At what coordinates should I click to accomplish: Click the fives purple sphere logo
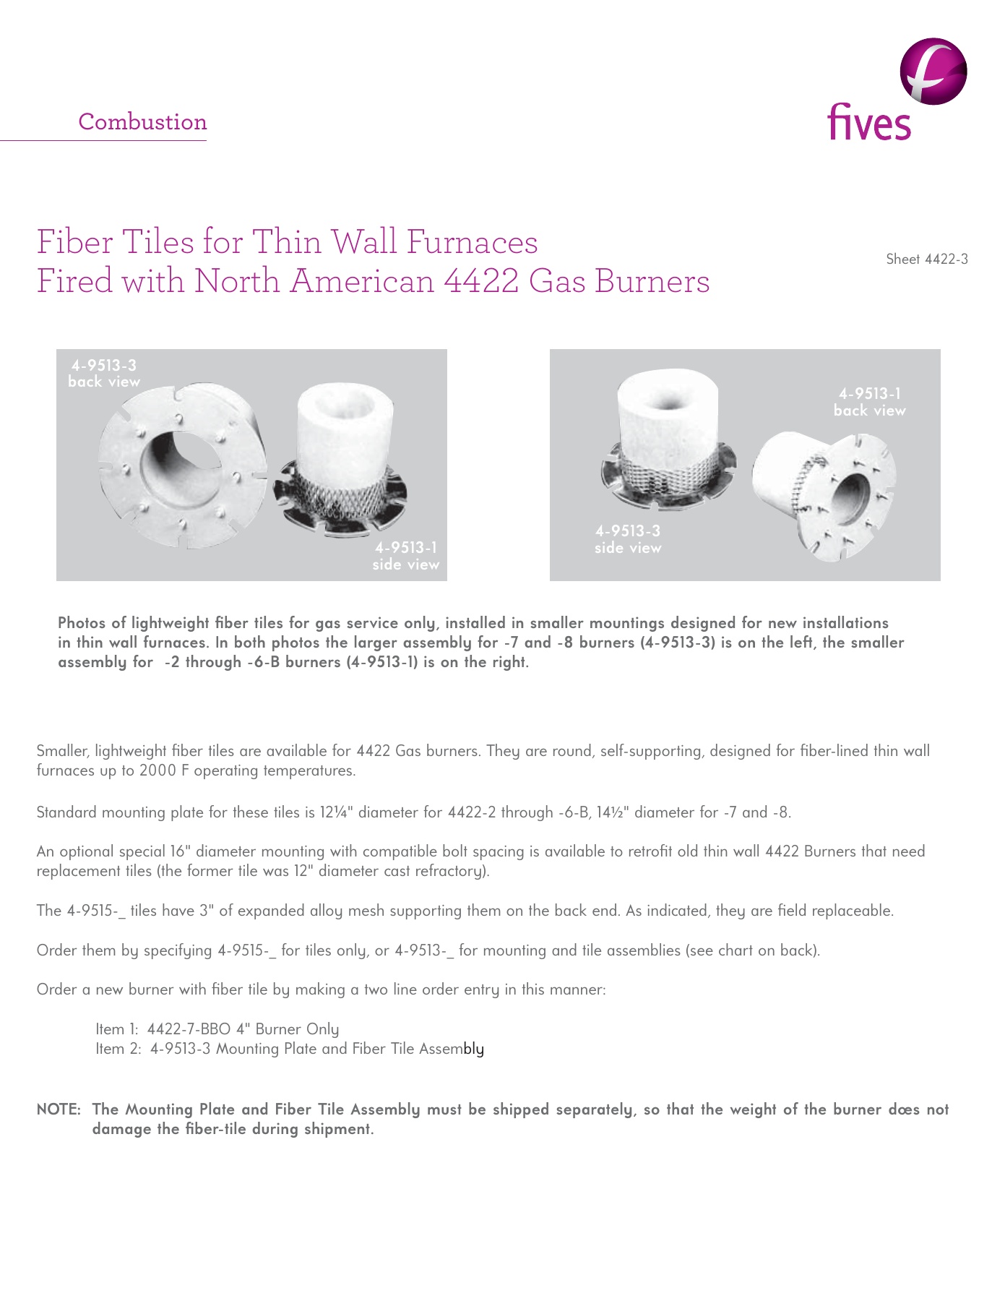click(x=933, y=71)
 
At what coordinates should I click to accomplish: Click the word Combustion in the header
click(x=142, y=121)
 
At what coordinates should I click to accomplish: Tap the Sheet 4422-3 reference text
click(x=926, y=259)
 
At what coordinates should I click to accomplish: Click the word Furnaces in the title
click(x=472, y=241)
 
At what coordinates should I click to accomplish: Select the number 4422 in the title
click(x=480, y=280)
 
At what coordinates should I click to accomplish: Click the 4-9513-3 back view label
click(x=104, y=374)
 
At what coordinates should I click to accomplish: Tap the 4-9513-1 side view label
click(x=405, y=556)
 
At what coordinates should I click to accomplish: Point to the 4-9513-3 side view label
click(x=627, y=539)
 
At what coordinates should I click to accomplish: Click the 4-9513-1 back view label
click(x=869, y=402)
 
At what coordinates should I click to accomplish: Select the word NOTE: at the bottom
click(x=59, y=1109)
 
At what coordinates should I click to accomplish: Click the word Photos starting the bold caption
click(x=82, y=623)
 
